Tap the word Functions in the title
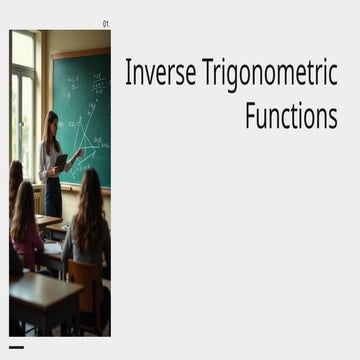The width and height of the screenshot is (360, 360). (x=291, y=115)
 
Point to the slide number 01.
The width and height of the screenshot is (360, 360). (x=107, y=24)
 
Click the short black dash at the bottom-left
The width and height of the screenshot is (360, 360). (x=16, y=347)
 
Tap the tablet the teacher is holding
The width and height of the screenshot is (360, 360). (x=62, y=160)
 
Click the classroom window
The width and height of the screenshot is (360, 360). (x=23, y=110)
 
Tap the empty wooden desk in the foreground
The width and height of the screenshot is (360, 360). (x=45, y=296)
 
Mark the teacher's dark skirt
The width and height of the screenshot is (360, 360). (x=53, y=198)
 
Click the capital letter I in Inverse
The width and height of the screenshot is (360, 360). (x=128, y=74)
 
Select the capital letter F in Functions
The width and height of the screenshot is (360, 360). (x=250, y=115)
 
